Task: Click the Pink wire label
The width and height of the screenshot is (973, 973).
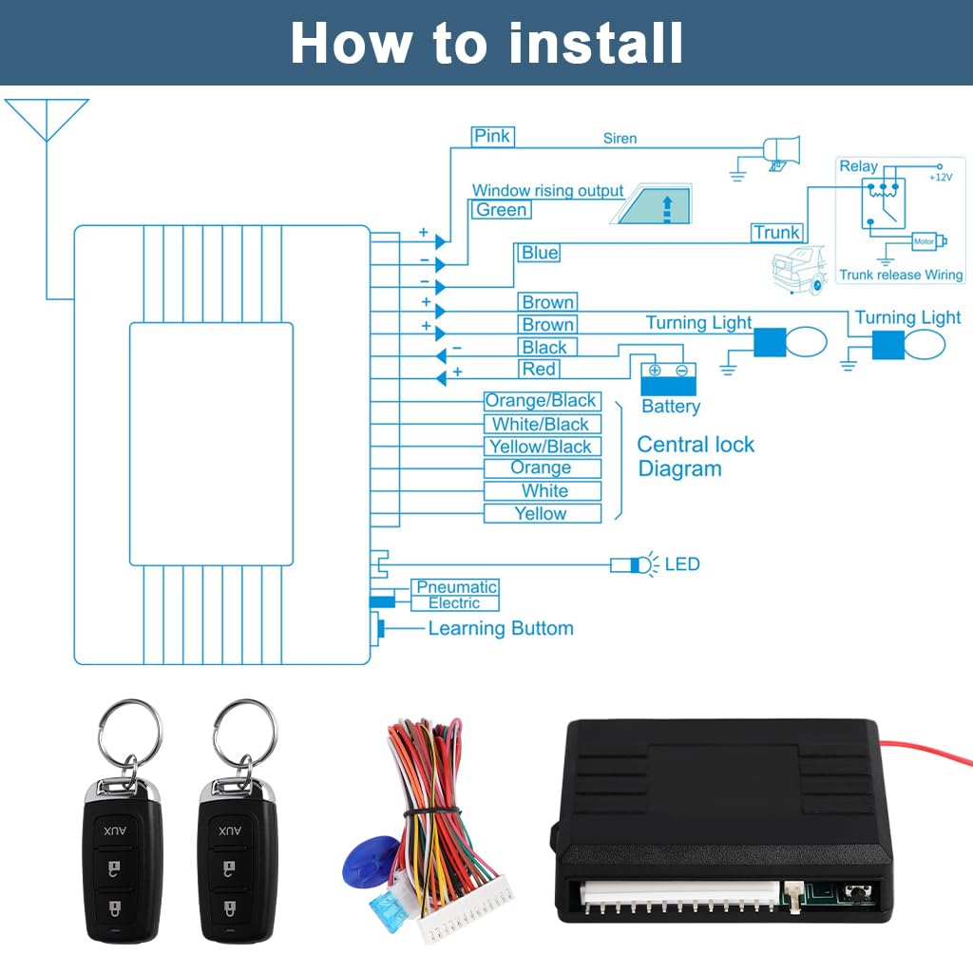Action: pyautogui.click(x=492, y=136)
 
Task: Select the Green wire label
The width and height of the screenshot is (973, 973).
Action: pyautogui.click(x=502, y=209)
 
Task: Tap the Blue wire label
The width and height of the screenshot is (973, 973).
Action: pyautogui.click(x=540, y=253)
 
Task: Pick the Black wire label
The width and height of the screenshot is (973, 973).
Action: pyautogui.click(x=544, y=348)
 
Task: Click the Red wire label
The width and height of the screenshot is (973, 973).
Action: pyautogui.click(x=539, y=370)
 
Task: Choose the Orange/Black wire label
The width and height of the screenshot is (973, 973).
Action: pyautogui.click(x=541, y=401)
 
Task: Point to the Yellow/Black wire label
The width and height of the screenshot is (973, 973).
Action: pyautogui.click(x=541, y=447)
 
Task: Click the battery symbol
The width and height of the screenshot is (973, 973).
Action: pyautogui.click(x=669, y=378)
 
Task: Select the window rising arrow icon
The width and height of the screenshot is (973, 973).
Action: pyautogui.click(x=651, y=204)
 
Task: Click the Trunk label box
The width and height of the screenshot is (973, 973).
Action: pyautogui.click(x=776, y=233)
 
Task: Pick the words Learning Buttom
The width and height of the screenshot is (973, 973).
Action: pyautogui.click(x=501, y=628)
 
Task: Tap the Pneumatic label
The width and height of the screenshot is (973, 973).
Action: pyautogui.click(x=456, y=587)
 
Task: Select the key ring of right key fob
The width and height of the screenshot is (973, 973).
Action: pyautogui.click(x=244, y=733)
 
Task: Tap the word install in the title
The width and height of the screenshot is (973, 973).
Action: pyautogui.click(x=596, y=43)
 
